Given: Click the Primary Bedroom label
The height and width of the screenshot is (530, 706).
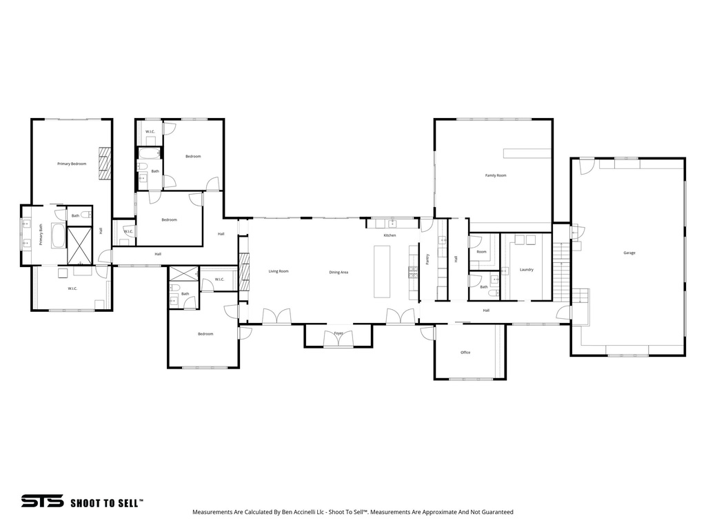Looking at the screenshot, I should (x=72, y=164).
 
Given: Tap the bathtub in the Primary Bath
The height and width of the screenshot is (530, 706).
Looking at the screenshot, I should (x=58, y=237).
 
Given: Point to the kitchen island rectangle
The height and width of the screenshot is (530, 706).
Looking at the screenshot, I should (x=382, y=271).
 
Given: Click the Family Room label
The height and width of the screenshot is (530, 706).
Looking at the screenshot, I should (x=496, y=175).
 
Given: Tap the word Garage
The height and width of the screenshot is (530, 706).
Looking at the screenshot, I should (x=629, y=253).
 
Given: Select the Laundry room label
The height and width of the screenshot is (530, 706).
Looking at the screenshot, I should (x=526, y=269).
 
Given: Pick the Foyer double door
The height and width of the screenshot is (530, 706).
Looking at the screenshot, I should (x=339, y=338).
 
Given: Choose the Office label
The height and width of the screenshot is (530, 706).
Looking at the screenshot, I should (x=465, y=353).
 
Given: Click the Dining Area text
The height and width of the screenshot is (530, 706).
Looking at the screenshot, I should (x=339, y=272).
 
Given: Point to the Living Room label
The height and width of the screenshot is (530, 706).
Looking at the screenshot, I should (x=279, y=271).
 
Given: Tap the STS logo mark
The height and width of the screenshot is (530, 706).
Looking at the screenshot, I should (x=42, y=501).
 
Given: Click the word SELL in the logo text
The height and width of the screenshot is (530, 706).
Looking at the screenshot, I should (x=128, y=503).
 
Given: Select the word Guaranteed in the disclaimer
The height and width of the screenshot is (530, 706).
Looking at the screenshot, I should (x=497, y=512).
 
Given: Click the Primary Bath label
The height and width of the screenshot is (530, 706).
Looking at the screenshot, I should (x=41, y=235).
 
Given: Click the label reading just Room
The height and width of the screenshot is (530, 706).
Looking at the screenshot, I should (x=481, y=252).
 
